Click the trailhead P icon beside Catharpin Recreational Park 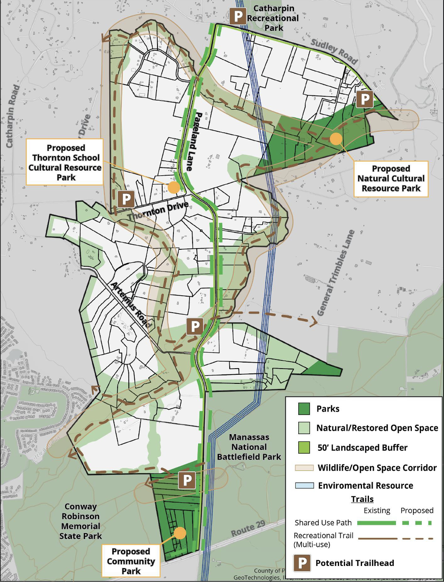[x=238, y=16]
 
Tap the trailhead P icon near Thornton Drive [x=126, y=199]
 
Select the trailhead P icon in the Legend [x=302, y=563]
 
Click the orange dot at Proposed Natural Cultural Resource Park [x=336, y=139]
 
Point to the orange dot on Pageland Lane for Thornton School [x=173, y=187]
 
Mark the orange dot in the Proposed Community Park [x=180, y=533]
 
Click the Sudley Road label [x=334, y=51]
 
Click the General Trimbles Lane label [x=336, y=273]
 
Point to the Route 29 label [x=248, y=529]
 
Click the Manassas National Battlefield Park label [x=249, y=447]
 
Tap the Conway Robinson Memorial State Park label [x=81, y=521]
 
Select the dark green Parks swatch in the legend [x=304, y=409]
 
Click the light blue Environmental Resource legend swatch [x=304, y=485]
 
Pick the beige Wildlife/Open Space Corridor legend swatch [x=304, y=468]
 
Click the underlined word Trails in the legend [x=362, y=499]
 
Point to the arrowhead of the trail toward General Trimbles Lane [x=314, y=321]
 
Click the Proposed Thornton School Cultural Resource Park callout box [x=65, y=162]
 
